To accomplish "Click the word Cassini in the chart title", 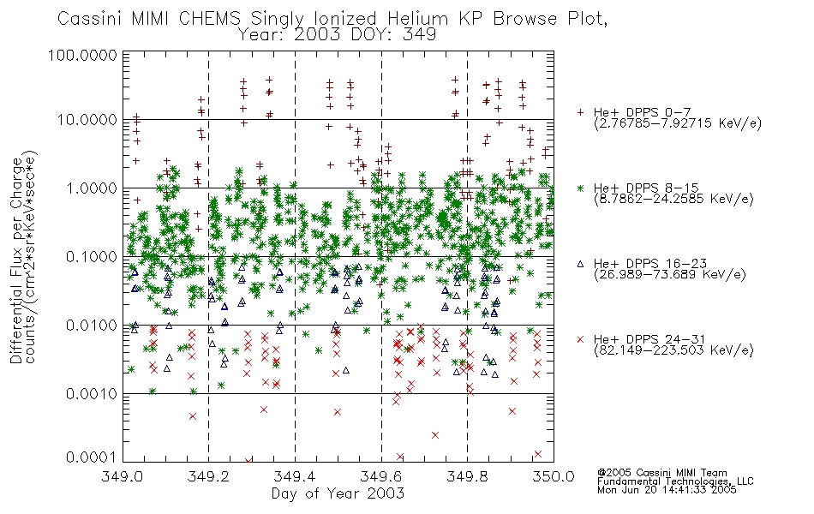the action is click(90, 19).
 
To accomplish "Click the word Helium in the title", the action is click(417, 19).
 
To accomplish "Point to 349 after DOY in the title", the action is click(418, 35).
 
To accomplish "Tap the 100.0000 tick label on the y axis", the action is click(82, 55).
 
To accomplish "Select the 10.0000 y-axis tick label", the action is click(87, 120).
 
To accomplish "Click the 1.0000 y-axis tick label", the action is click(92, 188).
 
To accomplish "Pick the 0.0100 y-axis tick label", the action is click(92, 326).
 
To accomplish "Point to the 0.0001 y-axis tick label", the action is click(92, 457).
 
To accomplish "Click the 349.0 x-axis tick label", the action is click(123, 476).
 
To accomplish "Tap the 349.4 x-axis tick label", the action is click(295, 476).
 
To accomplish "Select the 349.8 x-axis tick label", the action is click(467, 476).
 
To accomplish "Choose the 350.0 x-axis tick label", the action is click(554, 476).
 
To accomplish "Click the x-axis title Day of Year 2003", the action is click(338, 493).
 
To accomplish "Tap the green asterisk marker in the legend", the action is click(580, 188).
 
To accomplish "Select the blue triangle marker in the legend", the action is click(580, 264).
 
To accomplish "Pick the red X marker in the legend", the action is click(580, 339).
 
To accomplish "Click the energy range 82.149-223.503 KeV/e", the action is click(673, 350).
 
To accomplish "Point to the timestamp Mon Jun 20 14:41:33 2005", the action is click(667, 490).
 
